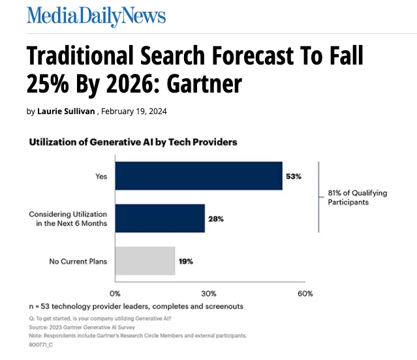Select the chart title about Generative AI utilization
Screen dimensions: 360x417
point(132,142)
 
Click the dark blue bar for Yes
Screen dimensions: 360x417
point(198,176)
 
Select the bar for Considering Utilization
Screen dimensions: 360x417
point(160,218)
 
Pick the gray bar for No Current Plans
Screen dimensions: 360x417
point(145,261)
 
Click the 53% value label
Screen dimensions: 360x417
point(293,177)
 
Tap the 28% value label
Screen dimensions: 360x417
point(215,219)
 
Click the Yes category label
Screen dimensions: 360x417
point(101,176)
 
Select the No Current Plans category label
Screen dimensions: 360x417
point(78,262)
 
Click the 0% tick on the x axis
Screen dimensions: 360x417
point(116,293)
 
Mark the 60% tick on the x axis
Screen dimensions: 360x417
point(305,293)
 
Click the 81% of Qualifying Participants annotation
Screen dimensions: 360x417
point(357,198)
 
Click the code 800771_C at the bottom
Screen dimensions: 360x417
point(40,344)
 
